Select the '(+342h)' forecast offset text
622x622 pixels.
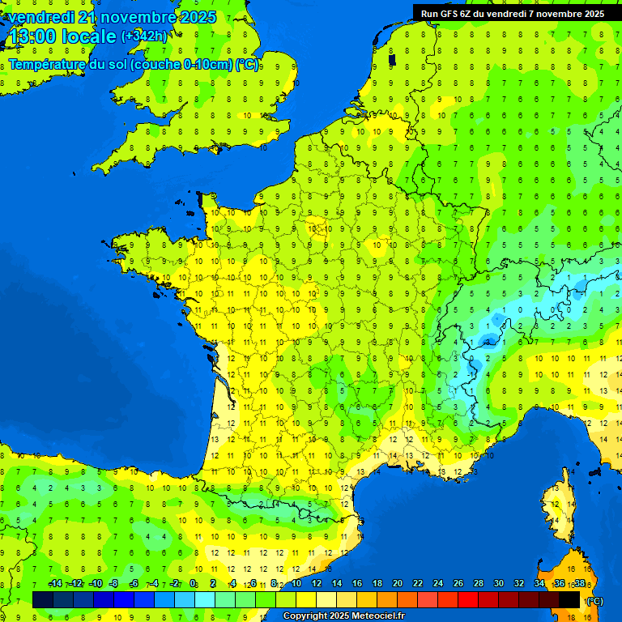(x=144, y=36)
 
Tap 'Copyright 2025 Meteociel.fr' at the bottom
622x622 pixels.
(x=343, y=616)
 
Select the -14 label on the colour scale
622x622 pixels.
(x=55, y=584)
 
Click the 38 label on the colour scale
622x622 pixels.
(x=579, y=584)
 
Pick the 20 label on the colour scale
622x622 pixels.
(x=398, y=584)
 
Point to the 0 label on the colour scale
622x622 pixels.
(x=193, y=584)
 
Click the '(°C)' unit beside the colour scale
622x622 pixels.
(x=594, y=601)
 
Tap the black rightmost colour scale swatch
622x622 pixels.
(x=569, y=599)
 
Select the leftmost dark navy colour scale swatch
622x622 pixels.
(x=43, y=599)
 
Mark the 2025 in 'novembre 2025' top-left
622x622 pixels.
(x=196, y=17)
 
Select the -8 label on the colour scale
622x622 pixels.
(x=114, y=584)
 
